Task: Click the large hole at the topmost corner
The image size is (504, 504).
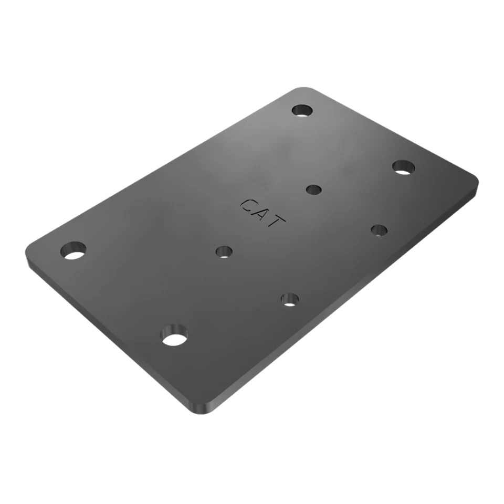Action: click(x=302, y=110)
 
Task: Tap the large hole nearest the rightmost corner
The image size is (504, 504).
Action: click(x=403, y=167)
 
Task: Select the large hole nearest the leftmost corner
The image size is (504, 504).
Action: click(x=73, y=250)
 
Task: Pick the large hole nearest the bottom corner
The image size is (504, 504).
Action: click(x=174, y=335)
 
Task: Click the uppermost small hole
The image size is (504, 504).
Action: click(x=314, y=190)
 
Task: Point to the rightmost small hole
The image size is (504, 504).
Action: click(x=379, y=230)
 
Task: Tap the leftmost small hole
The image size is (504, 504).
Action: click(x=224, y=251)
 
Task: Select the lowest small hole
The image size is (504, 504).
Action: click(x=290, y=300)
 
